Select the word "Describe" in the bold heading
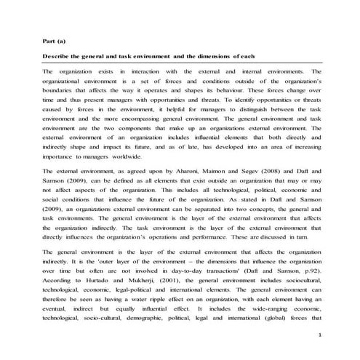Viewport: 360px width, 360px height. [x=57, y=57]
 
